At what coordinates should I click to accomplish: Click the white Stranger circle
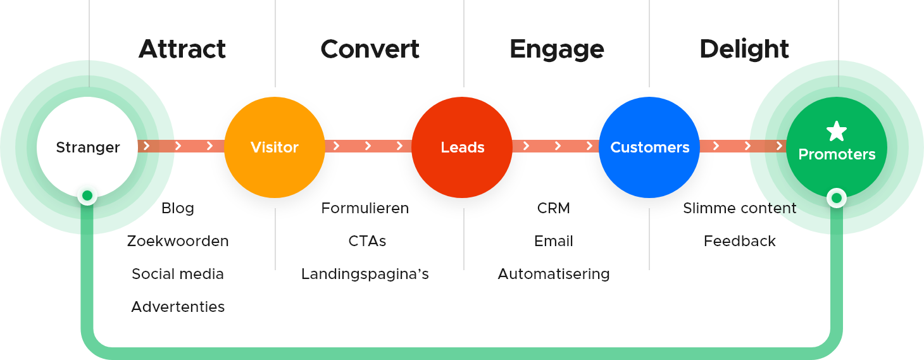(x=87, y=147)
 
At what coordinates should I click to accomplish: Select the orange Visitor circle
(x=275, y=147)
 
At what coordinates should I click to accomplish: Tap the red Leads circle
(x=462, y=147)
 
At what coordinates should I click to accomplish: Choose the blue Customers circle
(x=649, y=147)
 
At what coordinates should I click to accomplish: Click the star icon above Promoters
(x=837, y=132)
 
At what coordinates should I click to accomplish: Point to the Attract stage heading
(x=182, y=49)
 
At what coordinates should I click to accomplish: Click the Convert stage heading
(x=370, y=49)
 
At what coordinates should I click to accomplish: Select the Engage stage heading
(x=557, y=49)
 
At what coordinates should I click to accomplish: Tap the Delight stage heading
(x=744, y=49)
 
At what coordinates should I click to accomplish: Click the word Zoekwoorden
(x=178, y=241)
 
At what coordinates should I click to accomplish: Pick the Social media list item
(x=178, y=274)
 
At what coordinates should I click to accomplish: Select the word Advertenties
(x=178, y=307)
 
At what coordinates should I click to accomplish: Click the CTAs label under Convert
(x=367, y=241)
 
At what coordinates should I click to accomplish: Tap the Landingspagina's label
(x=365, y=274)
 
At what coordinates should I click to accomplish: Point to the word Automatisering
(x=554, y=274)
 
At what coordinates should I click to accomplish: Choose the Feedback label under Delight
(x=739, y=241)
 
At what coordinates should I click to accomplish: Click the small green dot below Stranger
(x=87, y=196)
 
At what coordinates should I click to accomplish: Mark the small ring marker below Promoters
(x=837, y=199)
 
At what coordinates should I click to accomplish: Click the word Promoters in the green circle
(x=837, y=154)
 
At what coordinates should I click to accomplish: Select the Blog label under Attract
(x=178, y=208)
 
